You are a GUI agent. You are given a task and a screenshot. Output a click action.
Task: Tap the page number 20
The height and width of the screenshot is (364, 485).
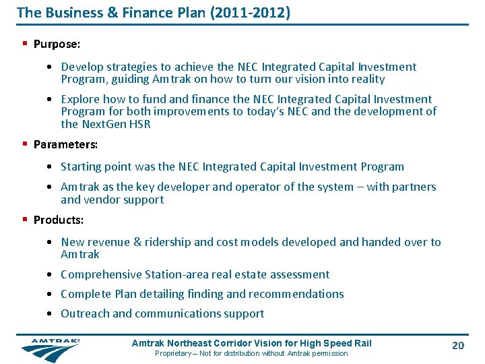(458, 346)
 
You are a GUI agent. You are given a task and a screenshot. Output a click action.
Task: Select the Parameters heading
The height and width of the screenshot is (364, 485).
(65, 144)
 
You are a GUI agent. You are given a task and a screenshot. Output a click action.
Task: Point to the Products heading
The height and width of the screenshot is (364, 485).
(59, 220)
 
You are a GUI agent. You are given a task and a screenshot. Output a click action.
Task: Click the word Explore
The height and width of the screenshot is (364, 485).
(81, 100)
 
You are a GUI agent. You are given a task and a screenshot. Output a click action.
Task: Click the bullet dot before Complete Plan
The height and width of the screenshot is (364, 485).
(51, 294)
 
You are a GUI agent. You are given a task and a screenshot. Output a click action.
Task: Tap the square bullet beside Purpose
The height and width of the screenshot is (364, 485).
(24, 44)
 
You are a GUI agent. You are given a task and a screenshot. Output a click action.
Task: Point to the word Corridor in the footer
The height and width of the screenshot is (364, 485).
(248, 343)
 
